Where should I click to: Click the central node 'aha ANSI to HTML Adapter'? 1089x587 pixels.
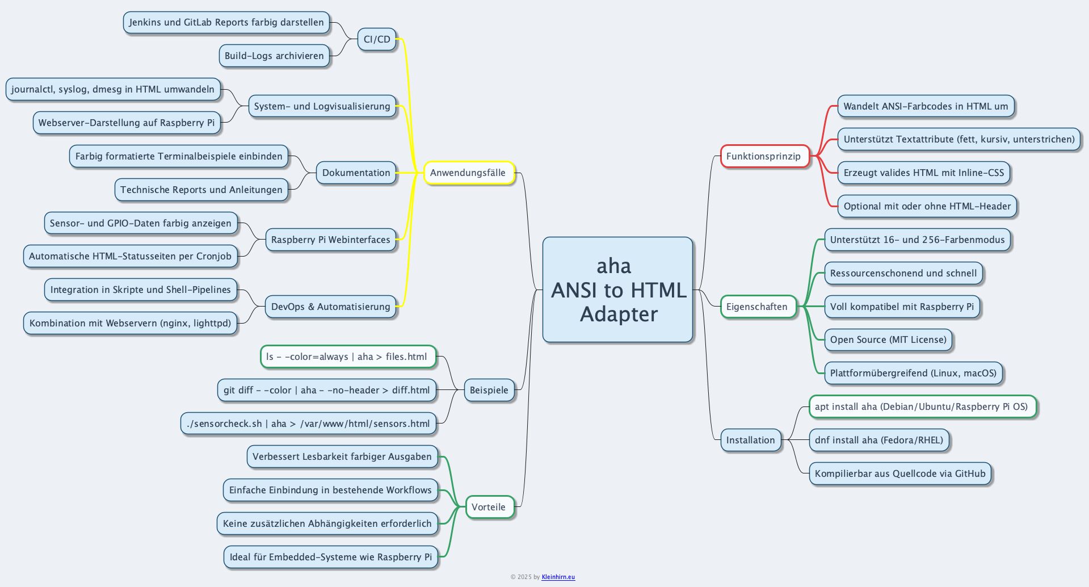(617, 290)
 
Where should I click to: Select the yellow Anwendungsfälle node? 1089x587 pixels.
(469, 173)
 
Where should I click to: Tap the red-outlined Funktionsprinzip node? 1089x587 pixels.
(764, 156)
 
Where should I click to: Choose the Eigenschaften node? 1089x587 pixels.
(757, 307)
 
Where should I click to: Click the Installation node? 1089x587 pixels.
(750, 440)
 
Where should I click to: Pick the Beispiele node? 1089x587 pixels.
(489, 390)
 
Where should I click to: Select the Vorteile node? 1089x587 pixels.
(489, 507)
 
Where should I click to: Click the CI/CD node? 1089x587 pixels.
(377, 39)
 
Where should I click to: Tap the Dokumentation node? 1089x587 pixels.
(356, 173)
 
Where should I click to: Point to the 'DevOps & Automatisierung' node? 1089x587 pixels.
(330, 307)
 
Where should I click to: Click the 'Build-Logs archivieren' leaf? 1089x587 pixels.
(274, 56)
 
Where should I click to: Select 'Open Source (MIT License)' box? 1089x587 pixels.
(888, 339)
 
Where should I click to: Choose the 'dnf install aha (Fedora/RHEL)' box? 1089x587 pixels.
(878, 440)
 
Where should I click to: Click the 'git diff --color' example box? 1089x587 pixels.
(326, 390)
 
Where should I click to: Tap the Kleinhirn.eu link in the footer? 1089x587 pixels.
(558, 577)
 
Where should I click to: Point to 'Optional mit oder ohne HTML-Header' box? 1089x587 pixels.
(927, 206)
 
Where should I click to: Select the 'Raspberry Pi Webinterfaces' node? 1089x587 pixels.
(330, 240)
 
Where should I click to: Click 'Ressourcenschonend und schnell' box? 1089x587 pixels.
(903, 273)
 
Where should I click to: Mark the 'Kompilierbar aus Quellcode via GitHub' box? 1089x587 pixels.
(900, 473)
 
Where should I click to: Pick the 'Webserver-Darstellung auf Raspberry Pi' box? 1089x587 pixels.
(127, 123)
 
